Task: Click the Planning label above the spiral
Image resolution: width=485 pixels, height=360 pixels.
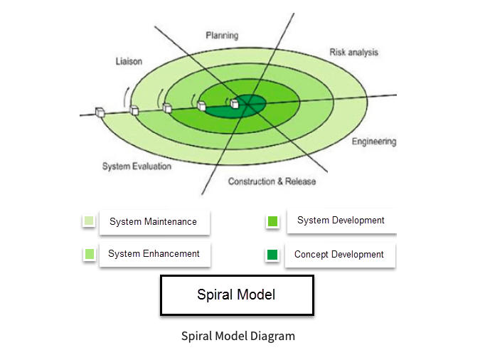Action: click(x=222, y=36)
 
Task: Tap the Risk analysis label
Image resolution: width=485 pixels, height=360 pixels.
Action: click(x=353, y=53)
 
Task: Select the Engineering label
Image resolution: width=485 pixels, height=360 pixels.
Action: click(x=373, y=142)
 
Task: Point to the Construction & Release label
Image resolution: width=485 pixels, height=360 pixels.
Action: click(x=272, y=181)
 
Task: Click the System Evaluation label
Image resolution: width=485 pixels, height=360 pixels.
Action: click(x=137, y=166)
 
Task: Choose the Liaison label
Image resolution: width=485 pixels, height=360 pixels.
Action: click(x=129, y=62)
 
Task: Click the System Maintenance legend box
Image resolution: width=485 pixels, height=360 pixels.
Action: click(x=154, y=222)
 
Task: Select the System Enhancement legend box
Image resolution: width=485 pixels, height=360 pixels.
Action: click(x=154, y=254)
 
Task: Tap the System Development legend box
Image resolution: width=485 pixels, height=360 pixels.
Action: click(x=341, y=221)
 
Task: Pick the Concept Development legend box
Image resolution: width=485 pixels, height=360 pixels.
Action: click(x=339, y=255)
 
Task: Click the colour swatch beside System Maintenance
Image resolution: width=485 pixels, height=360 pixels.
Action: click(x=89, y=221)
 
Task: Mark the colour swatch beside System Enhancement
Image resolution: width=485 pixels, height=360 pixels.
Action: click(x=89, y=254)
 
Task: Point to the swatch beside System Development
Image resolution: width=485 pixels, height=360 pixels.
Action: click(x=272, y=221)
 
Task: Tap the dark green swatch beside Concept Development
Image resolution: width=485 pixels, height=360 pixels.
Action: click(x=272, y=255)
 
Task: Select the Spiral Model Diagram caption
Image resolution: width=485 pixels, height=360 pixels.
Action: click(x=238, y=336)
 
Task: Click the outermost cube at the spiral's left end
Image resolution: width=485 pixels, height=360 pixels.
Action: click(x=100, y=112)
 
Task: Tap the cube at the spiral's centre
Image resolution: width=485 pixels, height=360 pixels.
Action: click(x=234, y=105)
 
